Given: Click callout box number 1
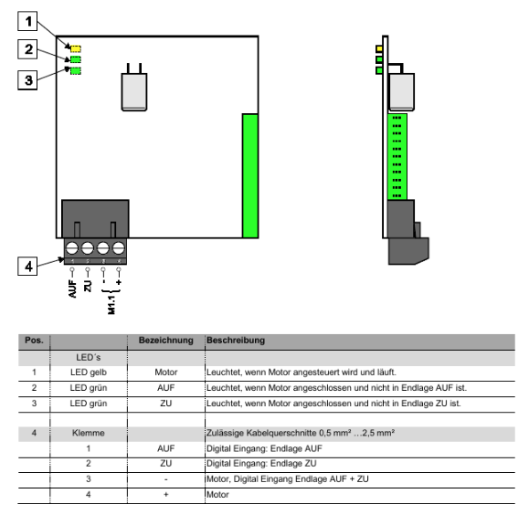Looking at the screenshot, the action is pos(27,21).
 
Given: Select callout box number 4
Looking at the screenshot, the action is pos(27,266).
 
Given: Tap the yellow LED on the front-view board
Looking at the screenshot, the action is pos(76,48).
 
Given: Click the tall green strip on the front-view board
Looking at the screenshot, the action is pos(250,175).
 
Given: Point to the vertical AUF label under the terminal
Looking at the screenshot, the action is pos(72,289).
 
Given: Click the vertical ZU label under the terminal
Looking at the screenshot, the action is pos(88,286).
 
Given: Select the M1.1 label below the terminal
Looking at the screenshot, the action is pos(111,305).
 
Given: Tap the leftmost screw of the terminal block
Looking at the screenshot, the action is pos(72,248).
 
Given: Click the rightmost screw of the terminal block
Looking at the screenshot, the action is pos(119,248).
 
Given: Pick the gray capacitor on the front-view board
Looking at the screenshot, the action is pos(134,91).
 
